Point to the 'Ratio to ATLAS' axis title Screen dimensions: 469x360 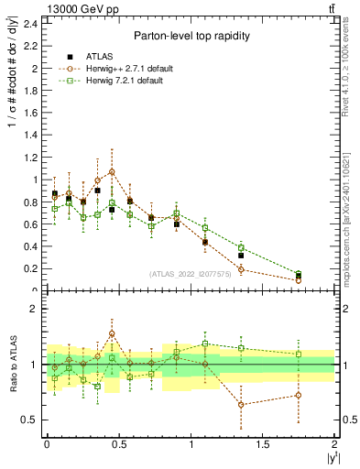tap(12, 364)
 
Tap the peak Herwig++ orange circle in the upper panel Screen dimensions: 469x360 tap(112, 171)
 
